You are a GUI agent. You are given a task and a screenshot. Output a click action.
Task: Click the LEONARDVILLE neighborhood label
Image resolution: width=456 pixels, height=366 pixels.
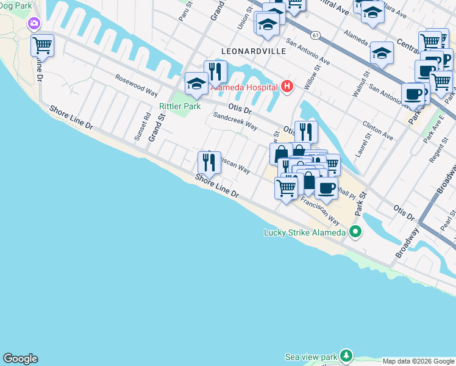[254, 51]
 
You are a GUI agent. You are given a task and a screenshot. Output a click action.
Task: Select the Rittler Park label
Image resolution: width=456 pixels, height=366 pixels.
[180, 106]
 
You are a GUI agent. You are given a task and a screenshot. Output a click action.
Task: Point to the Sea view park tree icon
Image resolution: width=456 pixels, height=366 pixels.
[346, 355]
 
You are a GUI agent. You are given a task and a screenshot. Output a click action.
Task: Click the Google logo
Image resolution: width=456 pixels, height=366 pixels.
[20, 359]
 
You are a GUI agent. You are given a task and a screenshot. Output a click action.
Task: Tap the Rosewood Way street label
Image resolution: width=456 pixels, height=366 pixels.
[137, 85]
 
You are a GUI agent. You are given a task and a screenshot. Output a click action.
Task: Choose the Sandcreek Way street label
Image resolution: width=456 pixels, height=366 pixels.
[235, 120]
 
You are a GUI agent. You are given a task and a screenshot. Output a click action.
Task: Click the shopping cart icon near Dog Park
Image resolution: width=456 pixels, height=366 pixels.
[42, 45]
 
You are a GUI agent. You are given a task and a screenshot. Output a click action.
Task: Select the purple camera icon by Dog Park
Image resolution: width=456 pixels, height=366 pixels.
[34, 24]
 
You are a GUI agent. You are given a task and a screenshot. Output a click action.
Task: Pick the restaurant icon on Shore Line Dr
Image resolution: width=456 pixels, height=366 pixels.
[208, 162]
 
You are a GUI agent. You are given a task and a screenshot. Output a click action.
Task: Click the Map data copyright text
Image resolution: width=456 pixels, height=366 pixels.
[418, 361]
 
